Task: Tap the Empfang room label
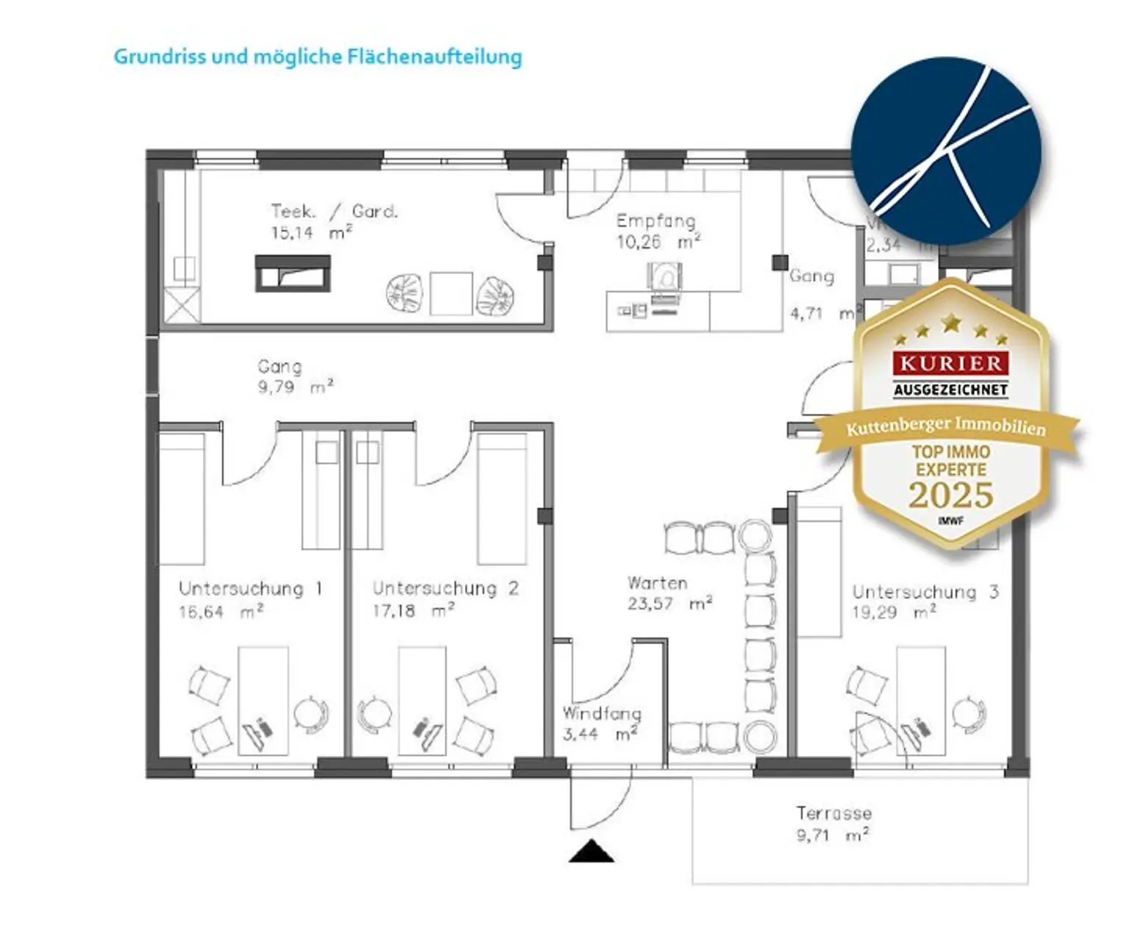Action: click(655, 221)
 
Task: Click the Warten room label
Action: click(657, 583)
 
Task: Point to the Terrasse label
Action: click(834, 813)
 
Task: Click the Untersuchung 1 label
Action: click(250, 589)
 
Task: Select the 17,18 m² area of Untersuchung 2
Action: click(413, 611)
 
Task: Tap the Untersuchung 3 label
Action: click(925, 592)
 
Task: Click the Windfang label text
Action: click(602, 713)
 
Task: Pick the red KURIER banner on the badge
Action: click(950, 363)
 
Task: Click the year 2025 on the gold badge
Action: click(950, 495)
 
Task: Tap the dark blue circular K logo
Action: click(946, 151)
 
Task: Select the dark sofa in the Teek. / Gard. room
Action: click(293, 273)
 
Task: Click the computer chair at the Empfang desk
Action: click(664, 279)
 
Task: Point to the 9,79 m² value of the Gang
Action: click(294, 387)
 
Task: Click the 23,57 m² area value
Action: click(669, 604)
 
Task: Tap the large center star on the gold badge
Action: click(951, 322)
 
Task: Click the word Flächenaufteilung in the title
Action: click(434, 57)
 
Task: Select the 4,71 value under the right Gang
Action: click(807, 314)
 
